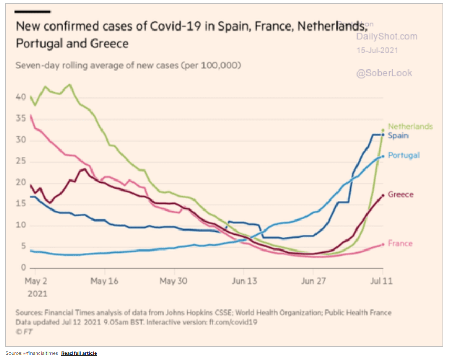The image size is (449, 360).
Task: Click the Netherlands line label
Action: tap(410, 126)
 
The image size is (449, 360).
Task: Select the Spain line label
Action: tap(398, 135)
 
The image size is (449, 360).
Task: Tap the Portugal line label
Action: tap(403, 155)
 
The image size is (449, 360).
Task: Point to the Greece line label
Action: tap(401, 194)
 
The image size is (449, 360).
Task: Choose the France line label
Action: tap(400, 243)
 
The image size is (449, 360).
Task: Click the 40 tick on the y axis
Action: tap(21, 97)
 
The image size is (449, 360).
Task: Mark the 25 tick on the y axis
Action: tap(21, 162)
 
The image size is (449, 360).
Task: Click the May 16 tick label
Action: tap(105, 281)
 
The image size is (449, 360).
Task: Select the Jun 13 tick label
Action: tap(244, 281)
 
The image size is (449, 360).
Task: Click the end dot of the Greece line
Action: tap(383, 195)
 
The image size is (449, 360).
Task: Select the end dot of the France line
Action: tap(383, 244)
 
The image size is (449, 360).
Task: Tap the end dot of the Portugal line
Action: tap(383, 156)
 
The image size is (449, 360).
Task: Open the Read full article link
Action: tap(79, 353)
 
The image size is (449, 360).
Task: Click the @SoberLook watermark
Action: tap(384, 73)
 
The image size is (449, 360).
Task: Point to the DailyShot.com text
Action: tap(386, 36)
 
